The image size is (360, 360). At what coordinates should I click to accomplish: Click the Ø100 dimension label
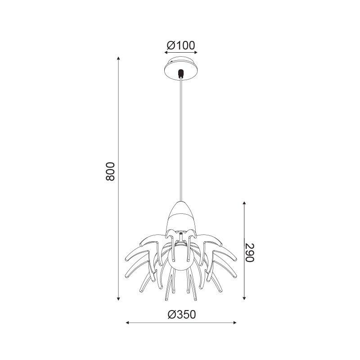(181, 45)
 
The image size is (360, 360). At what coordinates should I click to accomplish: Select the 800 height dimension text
(110, 171)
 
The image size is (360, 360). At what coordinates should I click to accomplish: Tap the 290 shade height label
(249, 252)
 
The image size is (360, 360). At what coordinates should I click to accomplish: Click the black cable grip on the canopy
(181, 73)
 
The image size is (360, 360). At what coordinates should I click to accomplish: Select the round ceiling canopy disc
(181, 69)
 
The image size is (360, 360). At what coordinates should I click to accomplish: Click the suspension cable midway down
(181, 140)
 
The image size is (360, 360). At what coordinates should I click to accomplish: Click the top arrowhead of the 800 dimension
(118, 58)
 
